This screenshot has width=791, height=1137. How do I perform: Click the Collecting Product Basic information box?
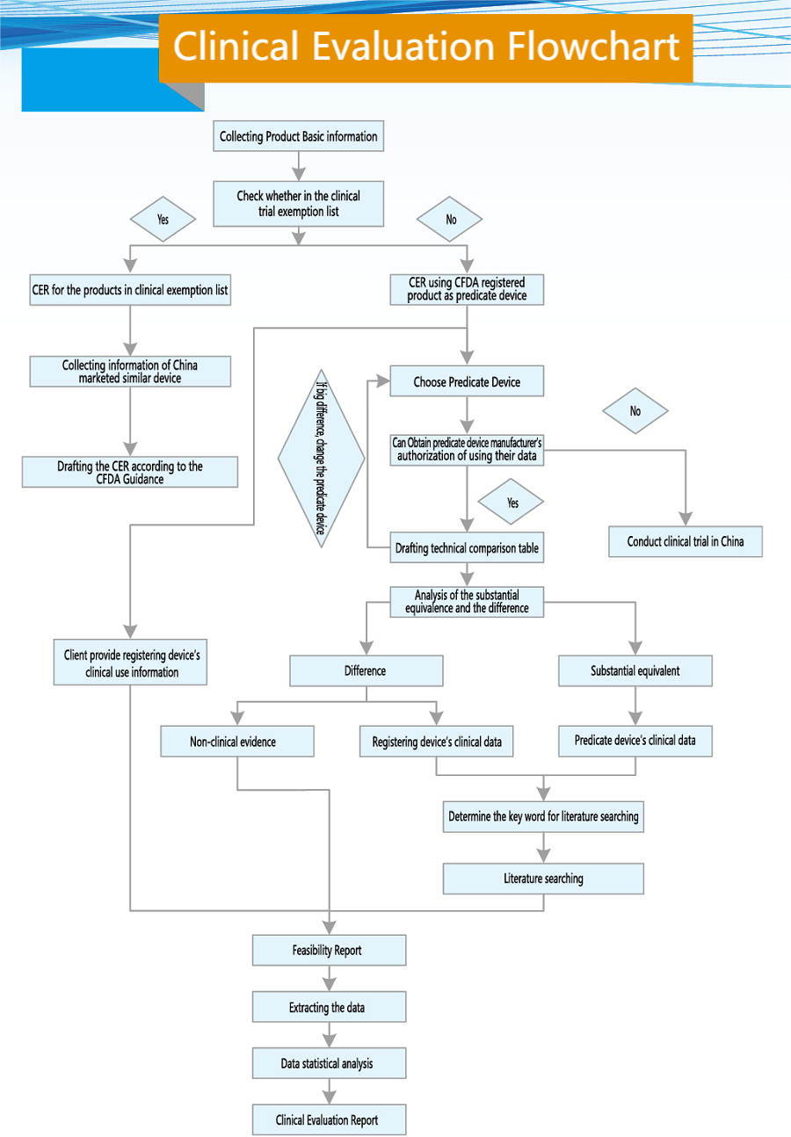click(x=299, y=137)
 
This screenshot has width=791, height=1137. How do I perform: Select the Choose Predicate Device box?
click(x=467, y=382)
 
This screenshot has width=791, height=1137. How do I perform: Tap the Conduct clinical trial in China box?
click(x=686, y=541)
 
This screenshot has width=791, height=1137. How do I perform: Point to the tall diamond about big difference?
click(x=322, y=459)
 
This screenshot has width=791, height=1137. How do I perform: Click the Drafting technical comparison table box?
click(x=467, y=548)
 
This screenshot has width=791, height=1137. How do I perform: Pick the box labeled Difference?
click(x=366, y=671)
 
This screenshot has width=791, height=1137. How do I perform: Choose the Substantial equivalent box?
click(x=635, y=671)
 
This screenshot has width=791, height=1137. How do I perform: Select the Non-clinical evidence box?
click(x=236, y=742)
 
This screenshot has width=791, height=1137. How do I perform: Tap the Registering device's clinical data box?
click(x=437, y=742)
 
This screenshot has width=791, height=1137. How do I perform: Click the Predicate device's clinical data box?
click(x=635, y=741)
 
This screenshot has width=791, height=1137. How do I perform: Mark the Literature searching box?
click(x=543, y=879)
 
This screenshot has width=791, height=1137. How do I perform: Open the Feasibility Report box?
click(x=329, y=951)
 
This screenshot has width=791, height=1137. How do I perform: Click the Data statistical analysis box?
click(x=329, y=1064)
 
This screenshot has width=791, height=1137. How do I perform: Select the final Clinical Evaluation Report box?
click(x=329, y=1120)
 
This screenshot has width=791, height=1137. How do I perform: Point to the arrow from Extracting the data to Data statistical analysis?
click(x=330, y=1035)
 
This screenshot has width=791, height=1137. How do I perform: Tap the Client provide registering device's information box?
click(x=130, y=664)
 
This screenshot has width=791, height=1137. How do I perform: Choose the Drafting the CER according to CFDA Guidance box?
click(x=130, y=473)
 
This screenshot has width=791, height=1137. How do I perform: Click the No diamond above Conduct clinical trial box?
click(x=635, y=411)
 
